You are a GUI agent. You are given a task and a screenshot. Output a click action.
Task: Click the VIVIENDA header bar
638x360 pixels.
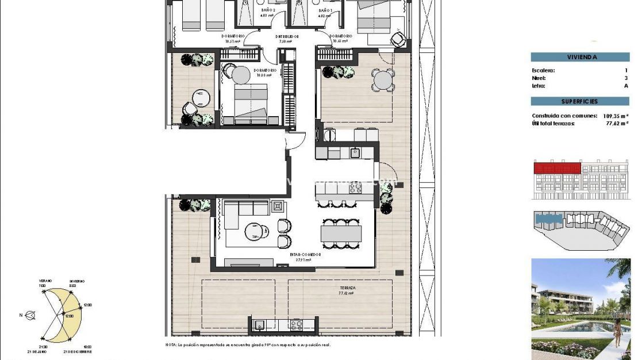580,57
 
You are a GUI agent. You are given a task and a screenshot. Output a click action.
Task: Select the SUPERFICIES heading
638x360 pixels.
580,101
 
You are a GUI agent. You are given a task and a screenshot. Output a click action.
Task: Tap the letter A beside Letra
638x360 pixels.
626,86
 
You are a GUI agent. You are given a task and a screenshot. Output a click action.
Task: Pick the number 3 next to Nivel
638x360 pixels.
626,78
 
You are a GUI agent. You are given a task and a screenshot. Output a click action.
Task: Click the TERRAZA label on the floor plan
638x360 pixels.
347,288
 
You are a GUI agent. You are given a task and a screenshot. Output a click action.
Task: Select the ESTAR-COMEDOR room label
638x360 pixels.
306,254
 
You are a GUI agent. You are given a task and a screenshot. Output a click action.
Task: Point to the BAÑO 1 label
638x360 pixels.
325,10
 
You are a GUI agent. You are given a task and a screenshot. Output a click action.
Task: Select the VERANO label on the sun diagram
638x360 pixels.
46,280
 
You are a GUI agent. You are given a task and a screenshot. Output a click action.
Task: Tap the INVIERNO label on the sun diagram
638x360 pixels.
77,281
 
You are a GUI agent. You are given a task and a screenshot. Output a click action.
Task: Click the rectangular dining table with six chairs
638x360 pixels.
341,233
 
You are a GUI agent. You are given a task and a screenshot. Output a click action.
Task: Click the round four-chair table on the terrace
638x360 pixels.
382,79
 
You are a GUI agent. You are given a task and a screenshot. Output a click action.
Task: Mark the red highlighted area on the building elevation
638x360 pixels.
557,168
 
